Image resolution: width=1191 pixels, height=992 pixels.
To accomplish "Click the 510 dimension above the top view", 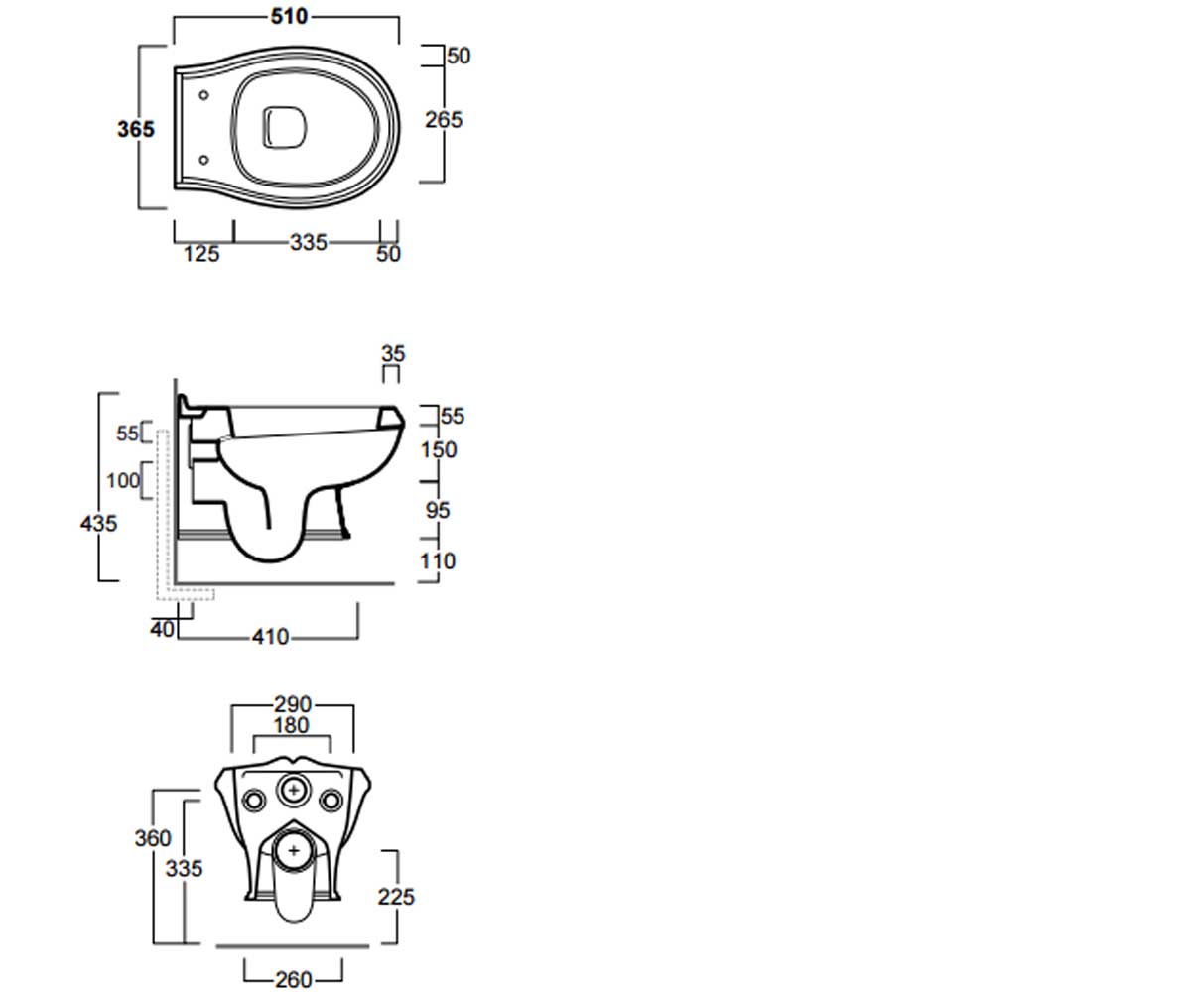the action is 289,17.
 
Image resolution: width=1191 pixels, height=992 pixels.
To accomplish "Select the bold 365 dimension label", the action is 136,129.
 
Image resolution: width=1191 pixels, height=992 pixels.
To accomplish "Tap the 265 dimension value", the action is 444,120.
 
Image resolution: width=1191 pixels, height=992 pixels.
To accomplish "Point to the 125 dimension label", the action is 201,254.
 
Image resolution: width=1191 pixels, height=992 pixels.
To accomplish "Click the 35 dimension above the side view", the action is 393,353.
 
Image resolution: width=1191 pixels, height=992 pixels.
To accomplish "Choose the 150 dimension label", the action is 439,450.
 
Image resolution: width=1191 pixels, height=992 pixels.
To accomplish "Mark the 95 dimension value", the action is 438,510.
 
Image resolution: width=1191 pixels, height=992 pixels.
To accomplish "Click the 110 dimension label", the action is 438,561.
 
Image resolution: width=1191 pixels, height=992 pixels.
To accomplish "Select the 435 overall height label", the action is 98,524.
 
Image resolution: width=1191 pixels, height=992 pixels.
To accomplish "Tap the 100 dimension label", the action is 123,480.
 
